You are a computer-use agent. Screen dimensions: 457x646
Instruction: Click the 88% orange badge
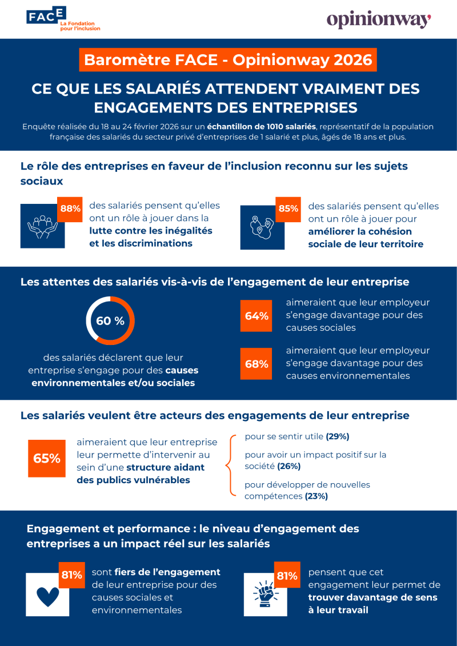point(70,208)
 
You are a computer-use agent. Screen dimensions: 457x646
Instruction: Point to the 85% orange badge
point(288,208)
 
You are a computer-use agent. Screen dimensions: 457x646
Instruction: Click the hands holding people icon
point(42,227)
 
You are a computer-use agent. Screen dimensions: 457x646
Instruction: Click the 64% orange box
point(256,316)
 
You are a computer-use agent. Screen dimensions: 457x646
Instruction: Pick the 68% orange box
point(256,364)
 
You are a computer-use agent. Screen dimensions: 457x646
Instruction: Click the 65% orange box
point(47,459)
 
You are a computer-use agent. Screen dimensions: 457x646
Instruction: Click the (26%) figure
point(289,467)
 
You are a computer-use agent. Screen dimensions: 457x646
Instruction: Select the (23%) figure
point(316,496)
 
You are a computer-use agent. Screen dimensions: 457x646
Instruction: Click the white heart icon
point(48,595)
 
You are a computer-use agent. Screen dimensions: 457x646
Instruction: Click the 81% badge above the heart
point(71,574)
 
